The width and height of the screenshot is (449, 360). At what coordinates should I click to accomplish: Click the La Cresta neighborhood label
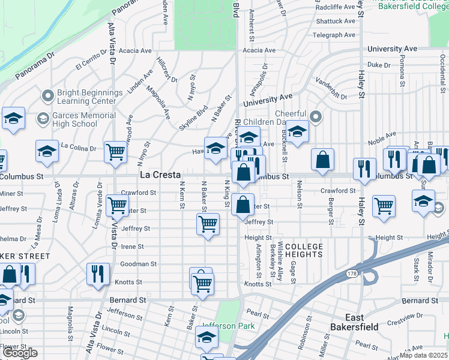[160, 175]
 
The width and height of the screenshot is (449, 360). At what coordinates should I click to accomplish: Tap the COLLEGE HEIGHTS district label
[304, 251]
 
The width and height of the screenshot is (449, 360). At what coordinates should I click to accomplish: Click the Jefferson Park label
[228, 326]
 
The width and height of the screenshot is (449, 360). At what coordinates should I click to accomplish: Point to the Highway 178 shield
[352, 274]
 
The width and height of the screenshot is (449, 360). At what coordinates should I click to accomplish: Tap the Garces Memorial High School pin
[43, 119]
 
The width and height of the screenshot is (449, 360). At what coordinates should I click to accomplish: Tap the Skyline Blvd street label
[193, 118]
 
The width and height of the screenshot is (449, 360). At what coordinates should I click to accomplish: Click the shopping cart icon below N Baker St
[208, 224]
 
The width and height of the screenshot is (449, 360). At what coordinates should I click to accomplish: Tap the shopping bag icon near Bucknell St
[322, 160]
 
